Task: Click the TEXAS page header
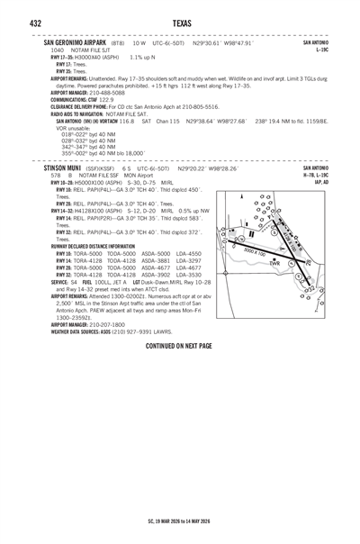[x=179, y=23]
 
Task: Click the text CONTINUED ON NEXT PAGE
[x=178, y=346]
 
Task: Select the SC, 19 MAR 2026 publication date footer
[x=179, y=521]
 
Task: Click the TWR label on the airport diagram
[x=275, y=263]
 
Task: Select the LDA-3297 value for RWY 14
[x=189, y=260]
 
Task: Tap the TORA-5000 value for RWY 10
[x=94, y=254]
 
